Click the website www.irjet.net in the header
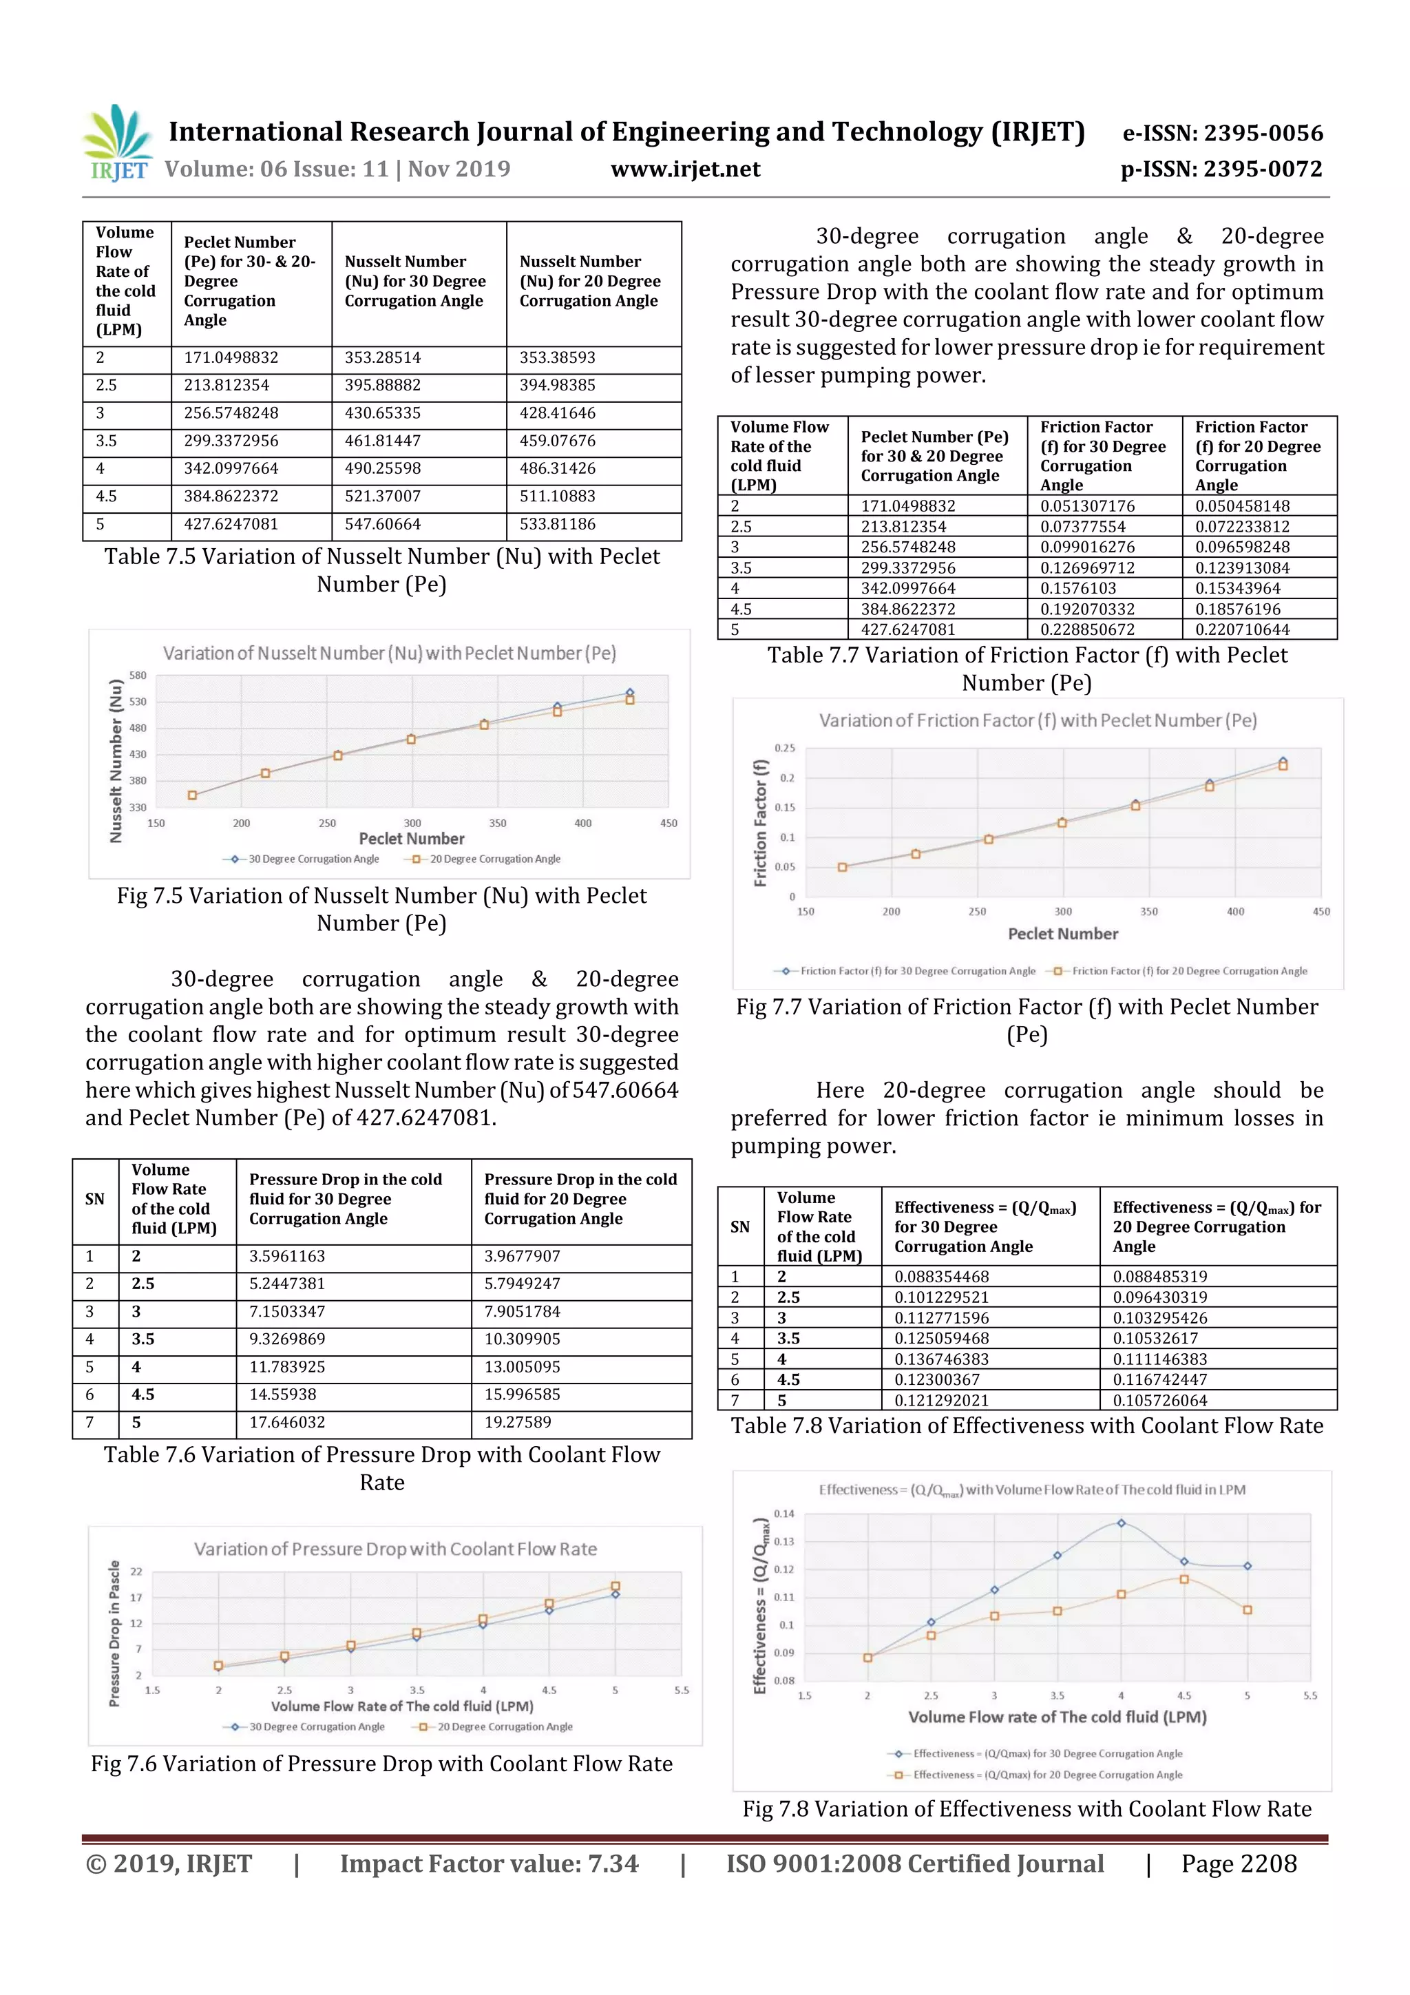point(686,169)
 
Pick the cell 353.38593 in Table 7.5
point(558,358)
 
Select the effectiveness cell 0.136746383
point(942,1359)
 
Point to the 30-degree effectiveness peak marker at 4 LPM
point(1121,1523)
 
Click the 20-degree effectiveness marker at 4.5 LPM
point(1184,1579)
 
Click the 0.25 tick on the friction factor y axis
point(784,748)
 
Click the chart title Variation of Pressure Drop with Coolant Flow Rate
point(395,1549)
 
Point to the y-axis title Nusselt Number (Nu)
point(116,760)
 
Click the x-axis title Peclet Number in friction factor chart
point(1062,934)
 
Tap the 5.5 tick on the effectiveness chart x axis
point(1310,1695)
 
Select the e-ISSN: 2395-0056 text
point(1222,133)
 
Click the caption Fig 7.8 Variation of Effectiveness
point(1027,1810)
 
